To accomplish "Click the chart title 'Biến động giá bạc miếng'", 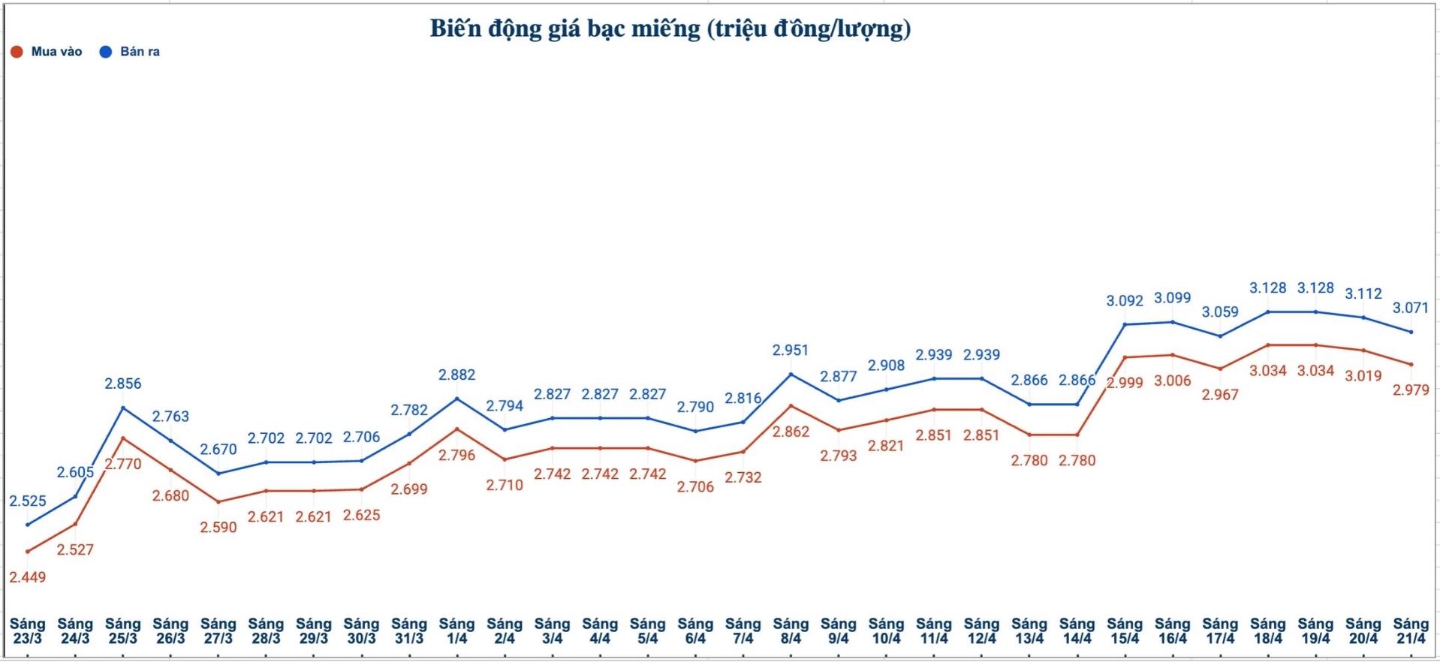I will tap(670, 29).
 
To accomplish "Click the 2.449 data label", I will tap(28, 577).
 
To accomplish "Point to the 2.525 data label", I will tap(28, 501).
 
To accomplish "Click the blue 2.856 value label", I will tap(123, 384).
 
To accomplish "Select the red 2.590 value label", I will tap(218, 527).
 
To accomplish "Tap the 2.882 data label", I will tap(457, 375).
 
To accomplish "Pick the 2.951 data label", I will tap(791, 350).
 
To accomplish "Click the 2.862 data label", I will tap(791, 432).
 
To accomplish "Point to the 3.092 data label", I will tap(1125, 300).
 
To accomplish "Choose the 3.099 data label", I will tap(1173, 297).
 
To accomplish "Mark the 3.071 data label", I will tap(1411, 308).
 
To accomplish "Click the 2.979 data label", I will tap(1411, 390).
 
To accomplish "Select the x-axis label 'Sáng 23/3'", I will tap(28, 630).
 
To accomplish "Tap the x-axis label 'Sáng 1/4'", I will tap(457, 630).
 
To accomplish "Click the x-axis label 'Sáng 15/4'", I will tap(1125, 630).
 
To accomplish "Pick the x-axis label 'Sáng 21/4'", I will tap(1411, 630).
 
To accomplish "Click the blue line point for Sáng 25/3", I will tap(123, 408).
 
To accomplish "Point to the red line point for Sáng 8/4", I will tap(791, 405).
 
